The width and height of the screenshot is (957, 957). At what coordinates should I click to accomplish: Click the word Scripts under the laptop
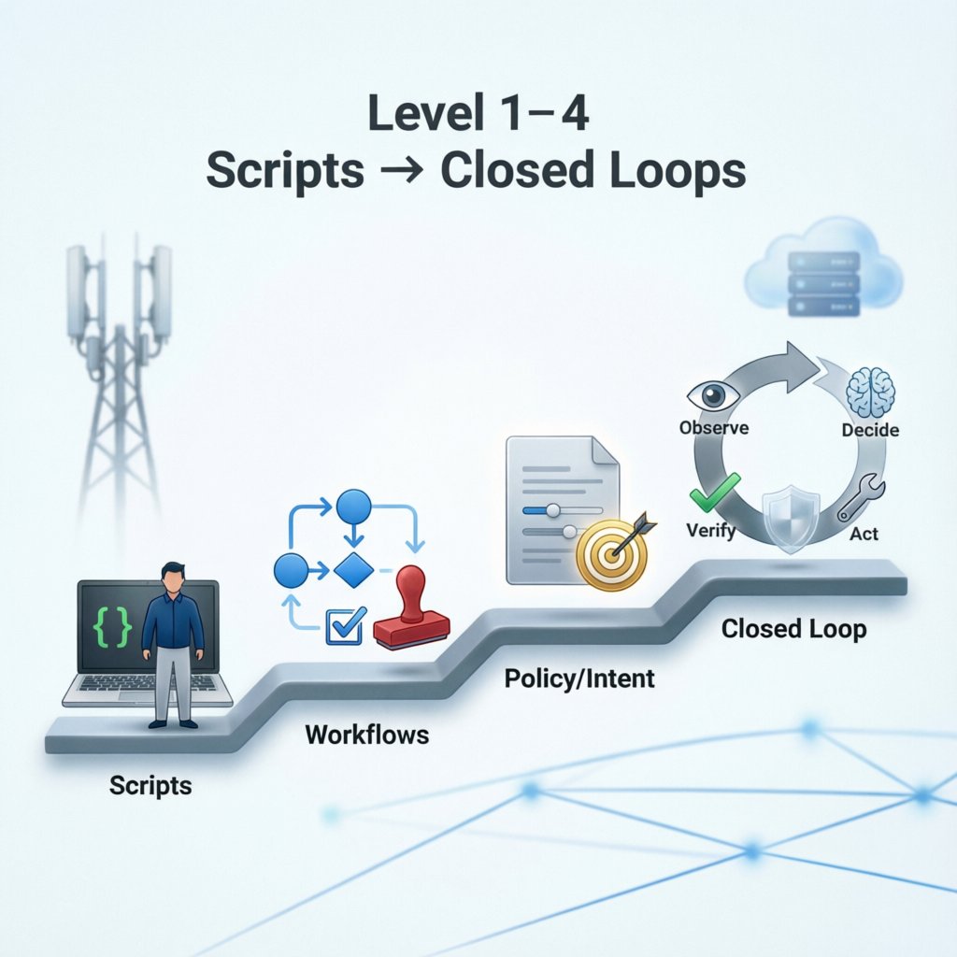(x=150, y=785)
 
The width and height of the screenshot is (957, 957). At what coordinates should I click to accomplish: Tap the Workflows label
(x=367, y=735)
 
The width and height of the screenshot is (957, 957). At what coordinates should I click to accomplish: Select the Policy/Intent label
(x=579, y=678)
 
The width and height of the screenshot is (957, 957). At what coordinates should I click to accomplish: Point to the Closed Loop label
(x=793, y=629)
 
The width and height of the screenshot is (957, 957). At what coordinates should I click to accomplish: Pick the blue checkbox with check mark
(x=343, y=626)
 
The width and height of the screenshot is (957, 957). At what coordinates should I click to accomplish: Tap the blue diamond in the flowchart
(x=353, y=569)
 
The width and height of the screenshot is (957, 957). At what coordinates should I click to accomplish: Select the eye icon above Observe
(x=713, y=395)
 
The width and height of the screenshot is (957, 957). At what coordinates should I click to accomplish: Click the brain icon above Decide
(x=870, y=393)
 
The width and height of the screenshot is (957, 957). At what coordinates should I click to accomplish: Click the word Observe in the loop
(x=715, y=428)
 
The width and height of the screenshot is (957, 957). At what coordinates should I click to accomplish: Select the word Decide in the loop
(x=870, y=430)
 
